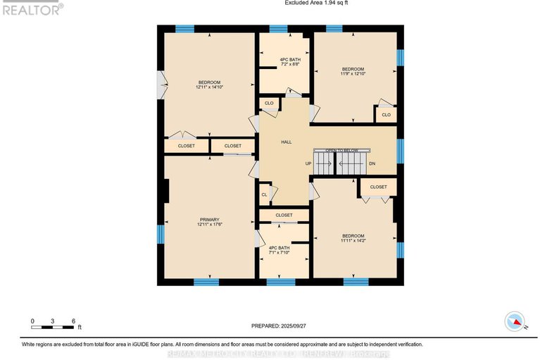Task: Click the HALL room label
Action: point(286,142)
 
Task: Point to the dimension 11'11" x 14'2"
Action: point(353,240)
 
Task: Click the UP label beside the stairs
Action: point(308,163)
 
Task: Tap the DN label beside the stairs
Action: point(372,163)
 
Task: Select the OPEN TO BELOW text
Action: point(341,150)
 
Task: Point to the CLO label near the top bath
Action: point(269,104)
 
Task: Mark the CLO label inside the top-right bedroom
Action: point(386,115)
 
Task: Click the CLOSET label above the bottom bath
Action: point(284,215)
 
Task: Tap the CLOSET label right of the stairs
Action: point(378,187)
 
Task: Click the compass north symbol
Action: point(515,322)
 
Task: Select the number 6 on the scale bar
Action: point(74,321)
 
